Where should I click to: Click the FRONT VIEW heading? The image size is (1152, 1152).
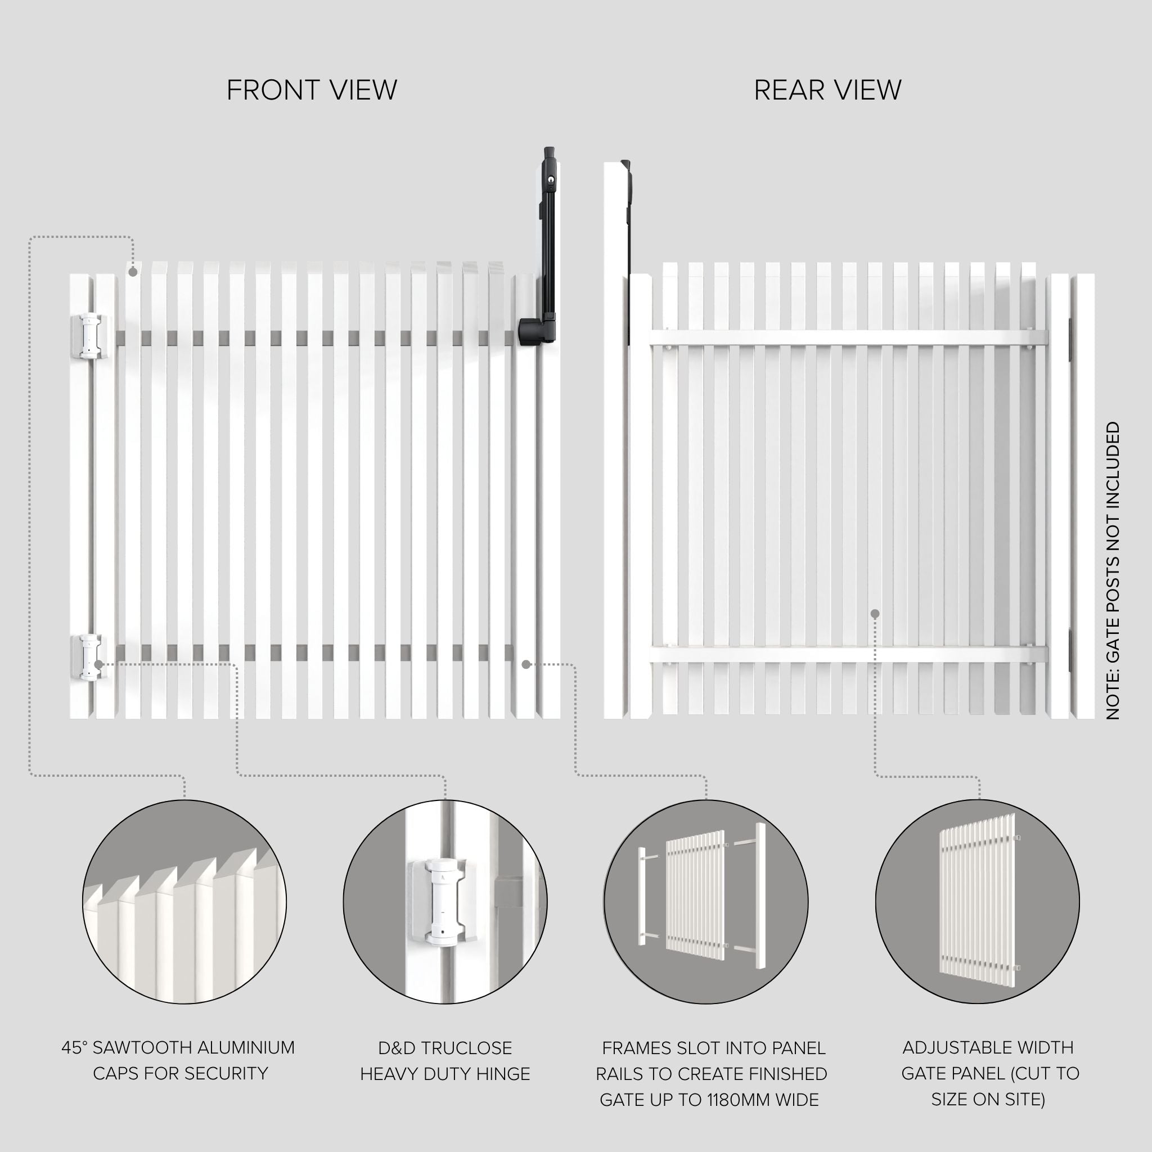[x=312, y=91]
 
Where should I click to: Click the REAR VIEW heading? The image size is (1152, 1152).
[x=827, y=91]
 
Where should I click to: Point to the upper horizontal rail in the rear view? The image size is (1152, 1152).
[x=848, y=337]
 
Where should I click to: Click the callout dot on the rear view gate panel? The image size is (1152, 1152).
[x=875, y=614]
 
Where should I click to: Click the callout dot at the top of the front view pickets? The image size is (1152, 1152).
[x=133, y=272]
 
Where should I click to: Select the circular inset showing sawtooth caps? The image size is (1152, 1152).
[x=184, y=902]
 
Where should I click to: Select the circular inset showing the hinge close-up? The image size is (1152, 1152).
[x=445, y=902]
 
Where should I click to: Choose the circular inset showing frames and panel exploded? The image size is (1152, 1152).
[x=706, y=902]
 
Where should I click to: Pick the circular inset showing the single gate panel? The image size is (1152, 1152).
[x=977, y=902]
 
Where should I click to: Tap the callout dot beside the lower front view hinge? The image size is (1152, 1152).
[x=97, y=664]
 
